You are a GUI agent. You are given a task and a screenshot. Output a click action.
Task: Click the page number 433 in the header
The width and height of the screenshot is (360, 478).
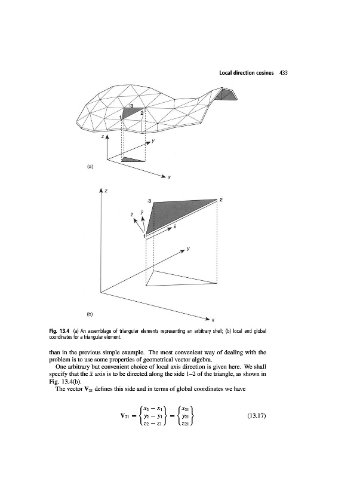pyautogui.click(x=284, y=73)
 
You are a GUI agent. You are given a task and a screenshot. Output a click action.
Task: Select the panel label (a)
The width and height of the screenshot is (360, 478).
pyautogui.click(x=90, y=168)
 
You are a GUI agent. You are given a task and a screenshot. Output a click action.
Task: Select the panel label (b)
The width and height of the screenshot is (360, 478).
pyautogui.click(x=90, y=312)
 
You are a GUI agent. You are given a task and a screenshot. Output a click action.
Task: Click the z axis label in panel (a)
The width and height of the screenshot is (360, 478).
pyautogui.click(x=102, y=137)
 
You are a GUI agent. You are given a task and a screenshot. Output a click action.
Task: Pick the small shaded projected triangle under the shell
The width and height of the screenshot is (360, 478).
pyautogui.click(x=133, y=160)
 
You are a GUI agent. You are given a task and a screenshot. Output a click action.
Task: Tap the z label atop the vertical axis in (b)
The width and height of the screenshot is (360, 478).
pyautogui.click(x=106, y=191)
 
